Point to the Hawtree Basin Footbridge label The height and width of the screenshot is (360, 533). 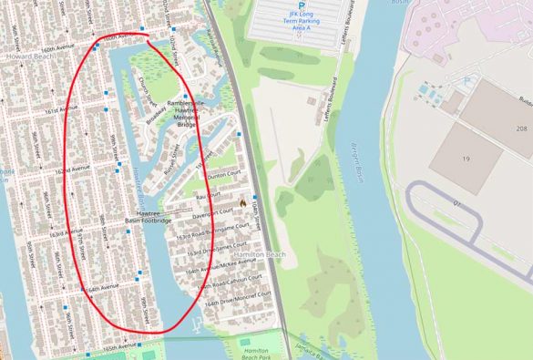click(149, 215)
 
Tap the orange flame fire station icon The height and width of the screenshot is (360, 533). click(243, 201)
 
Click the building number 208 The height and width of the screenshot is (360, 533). click(521, 129)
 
